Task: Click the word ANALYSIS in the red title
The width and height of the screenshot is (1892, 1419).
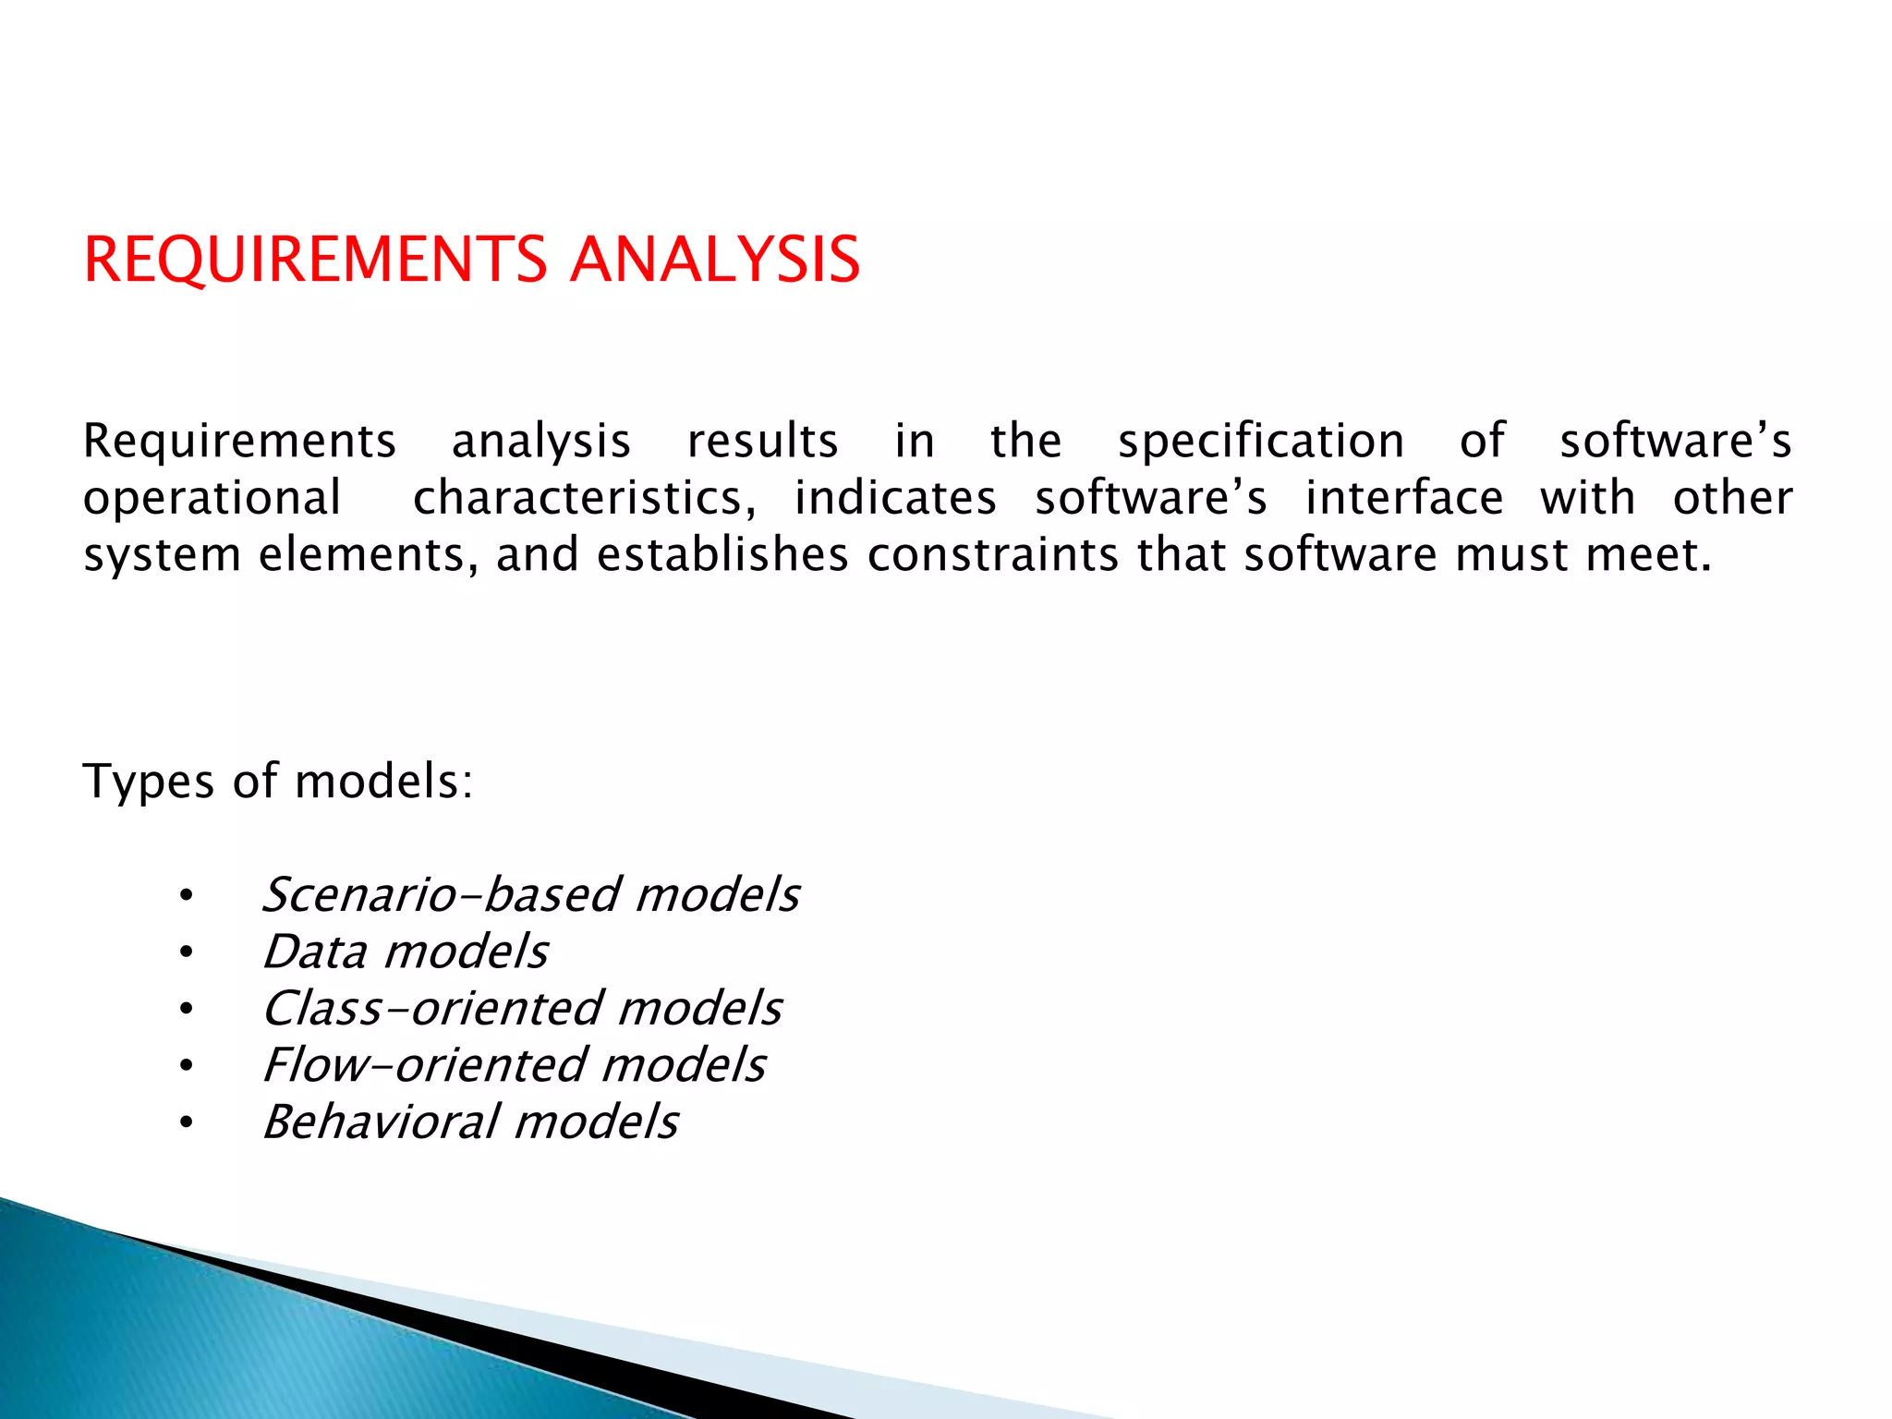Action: pyautogui.click(x=715, y=260)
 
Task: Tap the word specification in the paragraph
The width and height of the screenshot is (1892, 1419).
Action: pyautogui.click(x=1261, y=442)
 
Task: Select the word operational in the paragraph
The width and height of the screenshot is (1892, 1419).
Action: pyautogui.click(x=212, y=499)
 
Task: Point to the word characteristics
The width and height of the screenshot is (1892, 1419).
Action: pyautogui.click(x=584, y=499)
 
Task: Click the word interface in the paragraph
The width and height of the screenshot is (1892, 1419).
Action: pyautogui.click(x=1403, y=499)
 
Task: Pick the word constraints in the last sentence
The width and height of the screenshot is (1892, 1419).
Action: pyautogui.click(x=992, y=556)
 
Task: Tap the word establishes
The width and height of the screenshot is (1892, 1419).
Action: pyautogui.click(x=722, y=556)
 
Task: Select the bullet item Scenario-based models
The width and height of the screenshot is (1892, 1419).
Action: pyautogui.click(x=530, y=895)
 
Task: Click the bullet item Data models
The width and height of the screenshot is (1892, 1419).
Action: pyautogui.click(x=405, y=952)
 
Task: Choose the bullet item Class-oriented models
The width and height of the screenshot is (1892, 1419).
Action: pyautogui.click(x=522, y=1009)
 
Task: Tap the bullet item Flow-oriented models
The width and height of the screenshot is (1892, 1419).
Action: pyautogui.click(x=514, y=1065)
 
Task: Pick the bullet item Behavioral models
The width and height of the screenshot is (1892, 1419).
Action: pyautogui.click(x=470, y=1122)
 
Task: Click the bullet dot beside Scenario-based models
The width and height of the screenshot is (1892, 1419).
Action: pyautogui.click(x=187, y=896)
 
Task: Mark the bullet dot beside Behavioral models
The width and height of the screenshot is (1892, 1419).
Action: pyautogui.click(x=187, y=1123)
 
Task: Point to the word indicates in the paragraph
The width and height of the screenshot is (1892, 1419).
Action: pyautogui.click(x=895, y=499)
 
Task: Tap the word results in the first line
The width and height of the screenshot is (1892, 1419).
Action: pyautogui.click(x=762, y=442)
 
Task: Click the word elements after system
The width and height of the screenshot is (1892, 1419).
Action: pyautogui.click(x=367, y=556)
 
